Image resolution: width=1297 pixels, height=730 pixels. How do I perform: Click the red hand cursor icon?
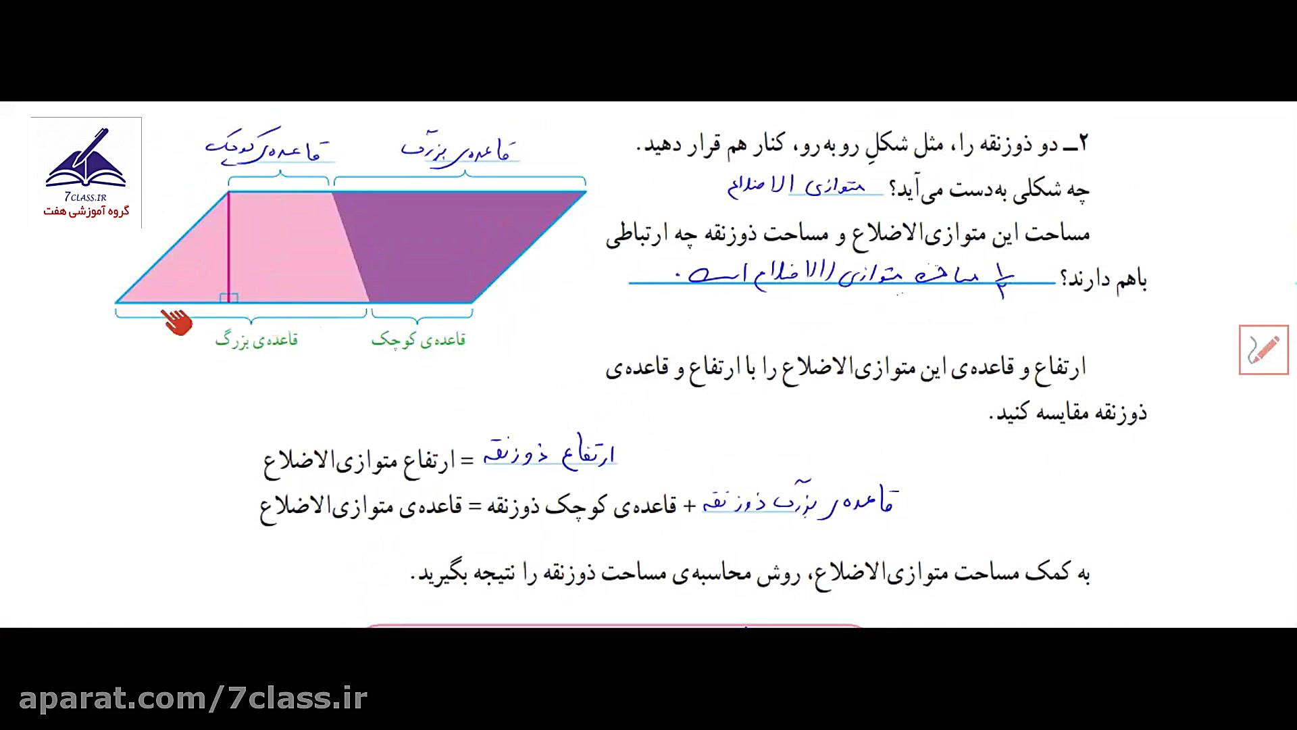(x=176, y=322)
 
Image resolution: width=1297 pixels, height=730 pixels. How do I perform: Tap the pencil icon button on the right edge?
(x=1263, y=349)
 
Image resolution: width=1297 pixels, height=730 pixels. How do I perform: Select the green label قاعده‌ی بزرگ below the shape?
(x=257, y=339)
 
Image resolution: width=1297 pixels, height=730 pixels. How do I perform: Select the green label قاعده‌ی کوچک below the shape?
(x=418, y=339)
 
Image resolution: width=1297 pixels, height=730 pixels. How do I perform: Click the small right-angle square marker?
(x=229, y=297)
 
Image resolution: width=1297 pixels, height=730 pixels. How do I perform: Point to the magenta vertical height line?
(x=228, y=243)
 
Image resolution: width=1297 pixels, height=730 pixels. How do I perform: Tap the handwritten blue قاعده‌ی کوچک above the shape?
(x=270, y=149)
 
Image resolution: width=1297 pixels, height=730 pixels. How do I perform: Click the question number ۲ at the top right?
(x=1084, y=144)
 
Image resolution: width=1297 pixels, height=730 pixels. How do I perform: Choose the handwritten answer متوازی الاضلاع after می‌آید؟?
(x=797, y=185)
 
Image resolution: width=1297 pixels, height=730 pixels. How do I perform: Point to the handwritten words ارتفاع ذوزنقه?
(x=549, y=454)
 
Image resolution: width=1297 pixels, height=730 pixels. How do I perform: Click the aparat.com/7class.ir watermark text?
(x=193, y=698)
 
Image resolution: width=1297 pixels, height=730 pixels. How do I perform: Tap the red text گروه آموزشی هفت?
(x=86, y=212)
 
